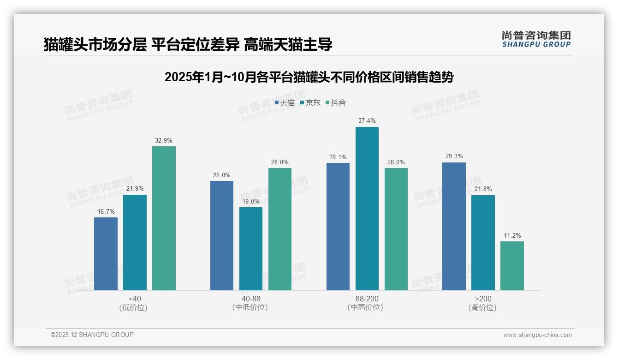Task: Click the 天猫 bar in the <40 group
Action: (106, 254)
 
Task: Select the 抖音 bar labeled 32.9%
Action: (164, 218)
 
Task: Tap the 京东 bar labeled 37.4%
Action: (367, 209)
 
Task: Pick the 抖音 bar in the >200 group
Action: (512, 266)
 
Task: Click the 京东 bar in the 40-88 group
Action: (250, 249)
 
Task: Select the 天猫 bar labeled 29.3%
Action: (454, 226)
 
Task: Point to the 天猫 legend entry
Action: (285, 102)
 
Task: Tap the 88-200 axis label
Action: (367, 299)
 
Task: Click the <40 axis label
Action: (135, 299)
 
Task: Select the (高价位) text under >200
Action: (482, 308)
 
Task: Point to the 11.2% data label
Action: (512, 235)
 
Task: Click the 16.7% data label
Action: (106, 211)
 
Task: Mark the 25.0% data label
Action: (221, 175)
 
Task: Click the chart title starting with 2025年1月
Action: (309, 77)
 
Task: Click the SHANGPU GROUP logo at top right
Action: (536, 39)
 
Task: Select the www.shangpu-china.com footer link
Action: (537, 335)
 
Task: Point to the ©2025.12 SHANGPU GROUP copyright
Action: (92, 335)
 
